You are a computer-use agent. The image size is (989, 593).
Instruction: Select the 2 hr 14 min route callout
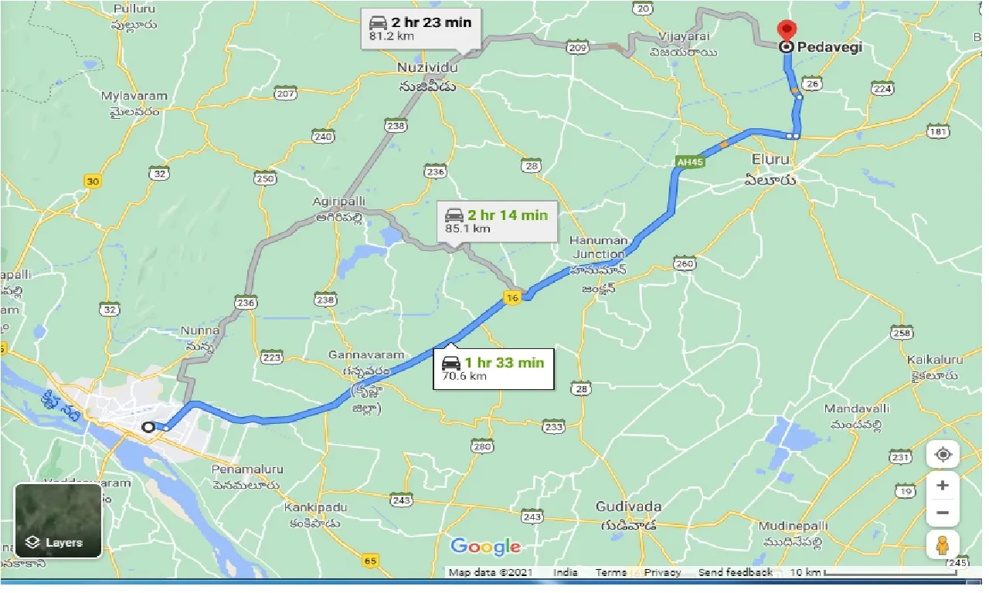[495, 221]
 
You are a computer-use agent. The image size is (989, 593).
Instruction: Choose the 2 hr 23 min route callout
[421, 28]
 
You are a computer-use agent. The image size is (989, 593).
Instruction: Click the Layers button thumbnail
[58, 520]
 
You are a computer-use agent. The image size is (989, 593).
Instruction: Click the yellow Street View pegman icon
[942, 545]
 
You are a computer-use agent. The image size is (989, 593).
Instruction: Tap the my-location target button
[943, 454]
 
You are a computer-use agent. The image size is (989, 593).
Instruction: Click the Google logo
[485, 547]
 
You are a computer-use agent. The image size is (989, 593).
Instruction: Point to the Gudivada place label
[628, 507]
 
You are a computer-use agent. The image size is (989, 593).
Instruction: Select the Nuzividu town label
[427, 68]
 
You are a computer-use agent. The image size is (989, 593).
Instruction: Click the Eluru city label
[770, 159]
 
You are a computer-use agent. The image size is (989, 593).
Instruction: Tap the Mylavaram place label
[134, 97]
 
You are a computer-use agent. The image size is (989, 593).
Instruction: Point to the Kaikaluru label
[935, 360]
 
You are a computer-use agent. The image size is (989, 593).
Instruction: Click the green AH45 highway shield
[687, 162]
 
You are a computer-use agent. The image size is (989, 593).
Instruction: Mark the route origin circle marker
[148, 426]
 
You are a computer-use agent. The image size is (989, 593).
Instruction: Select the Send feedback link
[735, 572]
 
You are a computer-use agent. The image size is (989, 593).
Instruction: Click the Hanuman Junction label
[598, 247]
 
